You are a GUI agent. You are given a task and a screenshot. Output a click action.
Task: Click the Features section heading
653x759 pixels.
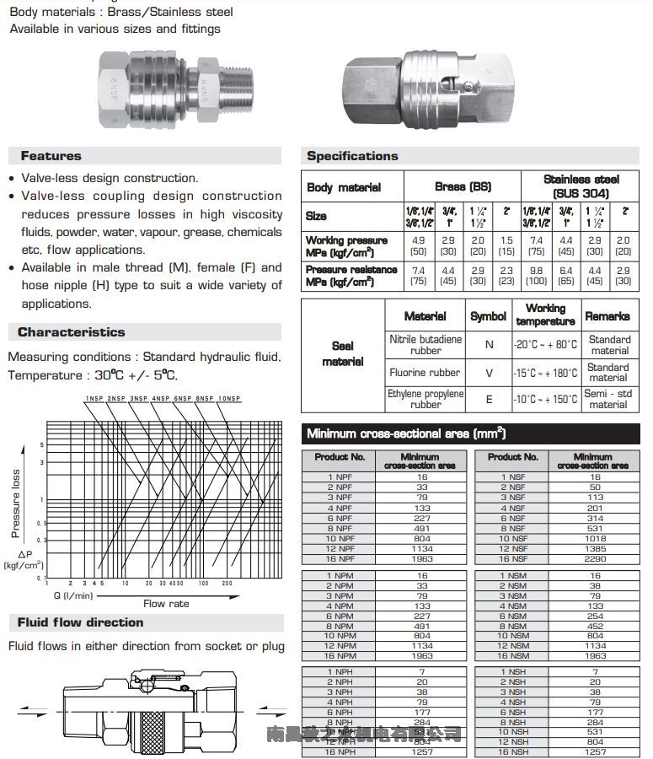(51, 156)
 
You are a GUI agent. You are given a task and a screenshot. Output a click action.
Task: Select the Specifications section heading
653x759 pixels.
(352, 156)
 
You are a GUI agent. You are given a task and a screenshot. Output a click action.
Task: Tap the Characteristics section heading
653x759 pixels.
(71, 332)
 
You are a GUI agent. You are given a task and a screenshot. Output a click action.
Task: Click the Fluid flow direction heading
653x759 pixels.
(80, 622)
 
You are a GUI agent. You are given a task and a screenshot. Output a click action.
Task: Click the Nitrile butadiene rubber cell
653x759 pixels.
(426, 344)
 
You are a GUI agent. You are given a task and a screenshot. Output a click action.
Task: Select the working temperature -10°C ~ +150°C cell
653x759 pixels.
(546, 399)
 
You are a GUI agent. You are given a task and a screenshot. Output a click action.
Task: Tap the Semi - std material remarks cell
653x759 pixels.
(608, 399)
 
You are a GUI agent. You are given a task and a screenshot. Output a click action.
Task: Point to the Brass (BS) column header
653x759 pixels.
(463, 186)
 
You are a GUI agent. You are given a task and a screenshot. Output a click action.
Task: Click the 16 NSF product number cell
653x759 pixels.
(511, 558)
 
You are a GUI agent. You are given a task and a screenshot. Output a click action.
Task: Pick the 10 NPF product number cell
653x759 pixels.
(340, 538)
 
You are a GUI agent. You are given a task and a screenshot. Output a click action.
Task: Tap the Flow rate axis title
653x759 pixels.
(166, 604)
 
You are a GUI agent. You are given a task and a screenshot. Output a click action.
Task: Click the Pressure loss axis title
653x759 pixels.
(15, 503)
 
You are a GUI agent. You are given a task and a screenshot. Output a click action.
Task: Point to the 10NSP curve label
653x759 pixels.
(228, 397)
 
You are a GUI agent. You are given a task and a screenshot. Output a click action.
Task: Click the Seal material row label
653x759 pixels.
(342, 353)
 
